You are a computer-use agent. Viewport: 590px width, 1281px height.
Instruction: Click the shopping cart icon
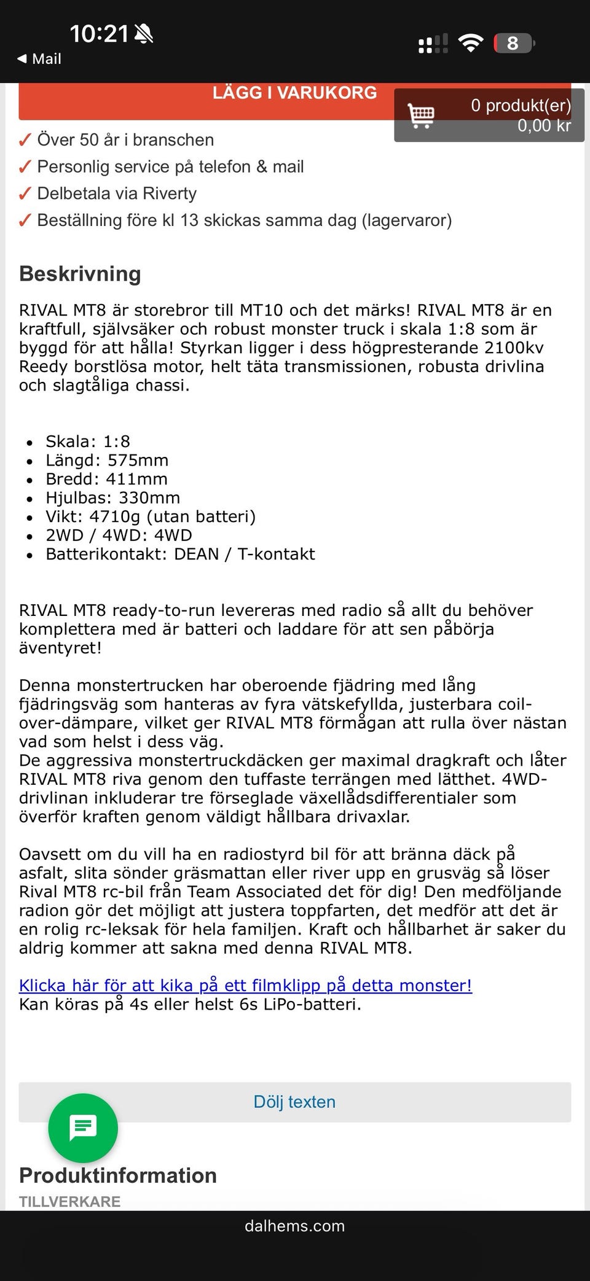tap(421, 115)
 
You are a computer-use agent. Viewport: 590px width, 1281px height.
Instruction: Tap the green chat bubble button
tap(83, 1127)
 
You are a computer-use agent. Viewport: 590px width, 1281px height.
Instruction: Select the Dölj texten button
tap(294, 1102)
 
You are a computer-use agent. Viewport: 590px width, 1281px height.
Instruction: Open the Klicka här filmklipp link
tap(245, 985)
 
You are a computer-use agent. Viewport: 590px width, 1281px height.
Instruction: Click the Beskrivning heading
tap(80, 274)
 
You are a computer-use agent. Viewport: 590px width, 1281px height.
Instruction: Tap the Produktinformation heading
tap(118, 1175)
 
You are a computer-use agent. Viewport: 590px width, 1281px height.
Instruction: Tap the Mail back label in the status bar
tap(40, 59)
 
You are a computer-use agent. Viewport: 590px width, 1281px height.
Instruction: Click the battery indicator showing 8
tap(513, 44)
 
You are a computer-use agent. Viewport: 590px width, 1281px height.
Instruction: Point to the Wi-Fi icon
tap(471, 43)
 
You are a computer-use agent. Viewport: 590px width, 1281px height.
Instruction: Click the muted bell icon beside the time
tap(144, 34)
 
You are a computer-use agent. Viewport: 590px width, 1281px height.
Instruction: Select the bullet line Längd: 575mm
tap(107, 460)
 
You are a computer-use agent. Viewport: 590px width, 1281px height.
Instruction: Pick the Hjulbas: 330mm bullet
tap(112, 497)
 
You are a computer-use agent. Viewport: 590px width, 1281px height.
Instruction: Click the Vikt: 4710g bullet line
tap(151, 516)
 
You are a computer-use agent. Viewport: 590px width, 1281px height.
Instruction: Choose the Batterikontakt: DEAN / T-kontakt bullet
tap(180, 554)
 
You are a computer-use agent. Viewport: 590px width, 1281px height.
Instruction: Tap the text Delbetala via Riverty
tap(117, 193)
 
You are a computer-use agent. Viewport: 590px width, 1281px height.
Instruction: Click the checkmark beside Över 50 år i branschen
tap(25, 141)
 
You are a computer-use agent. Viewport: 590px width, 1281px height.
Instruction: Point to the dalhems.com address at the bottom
tap(294, 1226)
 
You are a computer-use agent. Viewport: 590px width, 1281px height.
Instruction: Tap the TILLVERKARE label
tap(69, 1201)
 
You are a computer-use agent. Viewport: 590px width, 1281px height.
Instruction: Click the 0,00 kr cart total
tap(544, 126)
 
